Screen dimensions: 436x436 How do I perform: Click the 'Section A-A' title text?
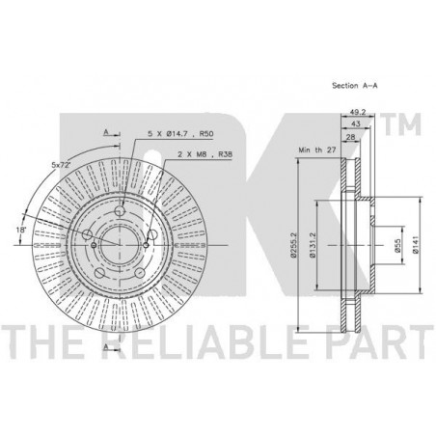[x=355, y=86]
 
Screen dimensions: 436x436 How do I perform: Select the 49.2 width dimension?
[x=358, y=112]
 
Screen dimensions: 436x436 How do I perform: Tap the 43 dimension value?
[x=356, y=123]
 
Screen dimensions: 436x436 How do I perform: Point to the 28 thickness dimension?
[x=350, y=137]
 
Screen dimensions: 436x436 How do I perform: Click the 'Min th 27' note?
[x=317, y=150]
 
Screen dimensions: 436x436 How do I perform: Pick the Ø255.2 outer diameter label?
[x=293, y=245]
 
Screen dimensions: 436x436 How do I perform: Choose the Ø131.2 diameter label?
[x=313, y=245]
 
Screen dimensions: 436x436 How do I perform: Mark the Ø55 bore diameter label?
[x=397, y=246]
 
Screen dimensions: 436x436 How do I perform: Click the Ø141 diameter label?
[x=416, y=246]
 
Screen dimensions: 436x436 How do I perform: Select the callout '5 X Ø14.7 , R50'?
[x=180, y=134]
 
